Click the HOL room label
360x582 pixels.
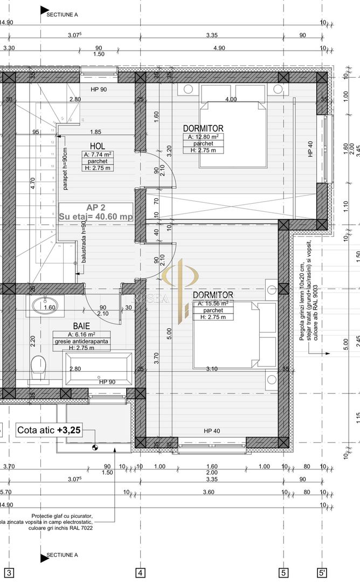tap(97, 145)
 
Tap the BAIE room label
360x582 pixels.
tap(82, 326)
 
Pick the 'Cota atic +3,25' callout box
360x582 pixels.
tap(49, 429)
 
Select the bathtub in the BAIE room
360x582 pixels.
tap(97, 369)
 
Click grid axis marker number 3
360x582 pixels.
tap(9, 572)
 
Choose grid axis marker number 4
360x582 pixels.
tap(140, 572)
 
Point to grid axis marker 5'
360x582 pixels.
tap(322, 572)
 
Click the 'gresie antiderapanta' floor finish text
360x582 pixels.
tap(81, 341)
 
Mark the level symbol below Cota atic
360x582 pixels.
tap(96, 446)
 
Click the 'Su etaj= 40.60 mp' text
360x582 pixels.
tap(95, 216)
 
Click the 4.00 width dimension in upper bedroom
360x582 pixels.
tap(230, 99)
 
